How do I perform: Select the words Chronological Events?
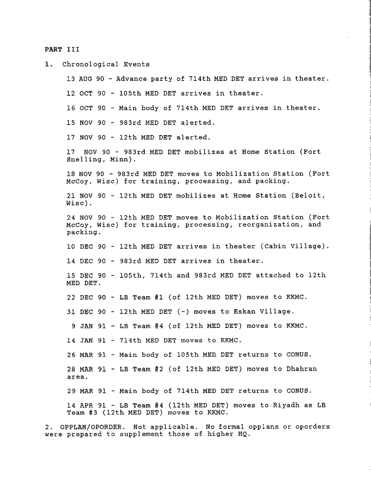(x=106, y=64)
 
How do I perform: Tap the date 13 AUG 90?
(x=86, y=79)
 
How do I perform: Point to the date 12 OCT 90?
(x=86, y=93)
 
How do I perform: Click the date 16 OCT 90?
(x=86, y=108)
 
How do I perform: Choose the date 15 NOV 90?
(x=86, y=123)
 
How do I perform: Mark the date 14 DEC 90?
(x=86, y=261)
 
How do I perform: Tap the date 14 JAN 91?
(x=86, y=340)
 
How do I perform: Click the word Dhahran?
(x=301, y=369)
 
